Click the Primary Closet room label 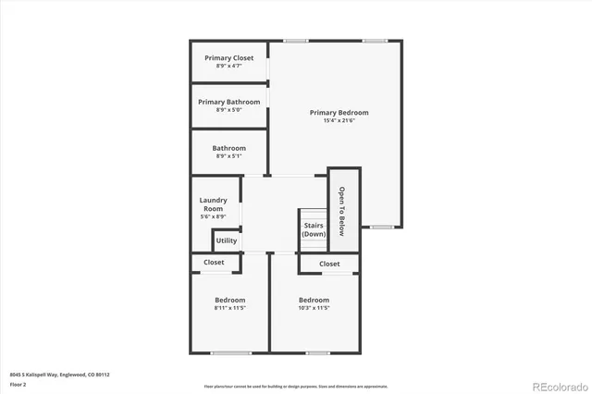(228, 58)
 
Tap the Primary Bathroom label (228, 102)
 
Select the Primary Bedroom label (332, 112)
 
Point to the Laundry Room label (213, 204)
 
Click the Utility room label (226, 240)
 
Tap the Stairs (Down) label (314, 229)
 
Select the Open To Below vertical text (341, 211)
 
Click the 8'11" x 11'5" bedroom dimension (229, 307)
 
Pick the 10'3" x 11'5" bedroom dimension (314, 307)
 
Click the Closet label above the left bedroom (214, 263)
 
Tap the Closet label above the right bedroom (329, 264)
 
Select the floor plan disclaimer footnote (296, 386)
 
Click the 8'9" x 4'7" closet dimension (228, 66)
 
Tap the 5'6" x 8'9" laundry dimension (213, 216)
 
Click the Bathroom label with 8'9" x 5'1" (228, 148)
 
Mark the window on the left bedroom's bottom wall (230, 352)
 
